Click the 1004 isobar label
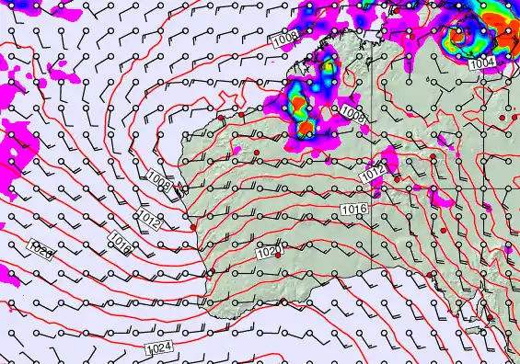click(x=481, y=63)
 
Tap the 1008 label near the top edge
click(x=283, y=40)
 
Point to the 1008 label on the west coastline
click(x=157, y=181)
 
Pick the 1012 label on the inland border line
click(x=373, y=173)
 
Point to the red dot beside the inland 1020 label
click(x=278, y=245)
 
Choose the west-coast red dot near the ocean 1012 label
click(x=193, y=228)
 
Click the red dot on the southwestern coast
click(x=210, y=272)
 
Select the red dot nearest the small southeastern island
click(x=490, y=319)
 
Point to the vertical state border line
click(x=373, y=211)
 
